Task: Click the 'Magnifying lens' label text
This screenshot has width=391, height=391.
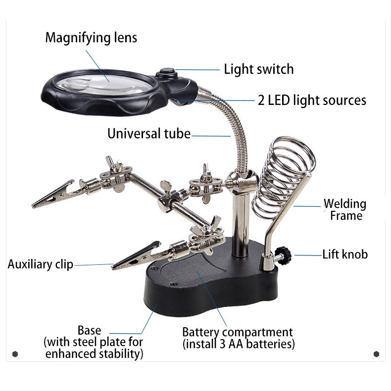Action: [91, 38]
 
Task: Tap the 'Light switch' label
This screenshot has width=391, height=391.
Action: [258, 69]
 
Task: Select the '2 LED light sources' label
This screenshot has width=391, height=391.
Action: [312, 100]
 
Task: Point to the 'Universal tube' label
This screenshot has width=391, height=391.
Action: [148, 134]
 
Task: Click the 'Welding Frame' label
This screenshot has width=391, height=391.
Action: [345, 209]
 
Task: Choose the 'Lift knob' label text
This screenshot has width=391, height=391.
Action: [345, 254]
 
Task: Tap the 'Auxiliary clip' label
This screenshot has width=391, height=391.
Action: [40, 264]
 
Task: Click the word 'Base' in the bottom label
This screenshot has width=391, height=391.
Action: [90, 330]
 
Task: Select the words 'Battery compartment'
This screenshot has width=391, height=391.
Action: [237, 332]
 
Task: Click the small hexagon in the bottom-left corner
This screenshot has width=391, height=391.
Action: [15, 354]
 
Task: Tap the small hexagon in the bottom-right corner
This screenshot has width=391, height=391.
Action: [376, 354]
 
